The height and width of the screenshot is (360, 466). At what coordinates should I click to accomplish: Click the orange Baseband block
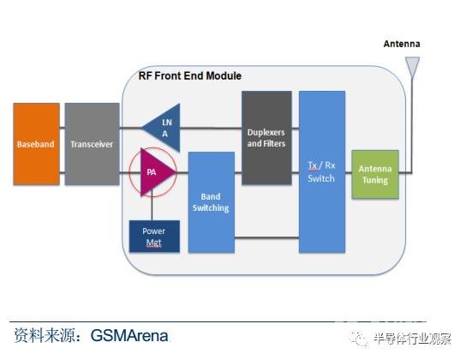[36, 144]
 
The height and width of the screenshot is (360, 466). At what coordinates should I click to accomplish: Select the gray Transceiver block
[93, 144]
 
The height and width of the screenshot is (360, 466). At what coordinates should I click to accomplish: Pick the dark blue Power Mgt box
[154, 237]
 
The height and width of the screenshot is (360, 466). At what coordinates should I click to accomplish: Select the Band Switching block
[212, 202]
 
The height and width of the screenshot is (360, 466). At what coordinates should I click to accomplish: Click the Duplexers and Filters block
[266, 138]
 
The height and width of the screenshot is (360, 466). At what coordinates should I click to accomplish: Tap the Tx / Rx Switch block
[322, 171]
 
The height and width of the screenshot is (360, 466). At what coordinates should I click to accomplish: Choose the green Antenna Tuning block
[375, 174]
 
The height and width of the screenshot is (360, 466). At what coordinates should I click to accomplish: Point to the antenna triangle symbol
[412, 67]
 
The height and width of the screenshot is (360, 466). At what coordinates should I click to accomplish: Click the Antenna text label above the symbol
[402, 44]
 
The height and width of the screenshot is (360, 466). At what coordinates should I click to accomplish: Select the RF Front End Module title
[190, 75]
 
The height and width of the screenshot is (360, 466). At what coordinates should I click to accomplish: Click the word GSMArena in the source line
[129, 336]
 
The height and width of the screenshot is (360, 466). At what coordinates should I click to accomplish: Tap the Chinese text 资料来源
[45, 336]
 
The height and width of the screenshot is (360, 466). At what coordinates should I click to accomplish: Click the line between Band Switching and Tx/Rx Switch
[266, 237]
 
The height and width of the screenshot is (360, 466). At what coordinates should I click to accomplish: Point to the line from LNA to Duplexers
[211, 128]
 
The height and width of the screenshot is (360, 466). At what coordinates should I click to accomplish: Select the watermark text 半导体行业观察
[413, 339]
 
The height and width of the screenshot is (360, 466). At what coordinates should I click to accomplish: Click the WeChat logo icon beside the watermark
[359, 339]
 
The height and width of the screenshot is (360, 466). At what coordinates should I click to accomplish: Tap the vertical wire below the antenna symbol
[412, 125]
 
